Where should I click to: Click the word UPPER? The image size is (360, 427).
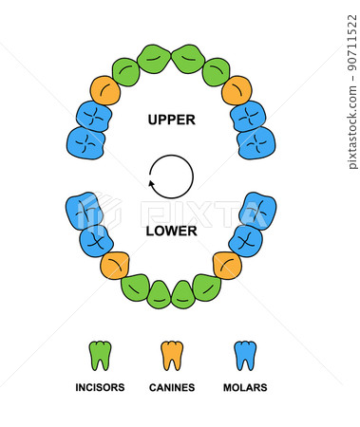click(x=171, y=121)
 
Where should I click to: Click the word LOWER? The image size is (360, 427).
click(x=171, y=231)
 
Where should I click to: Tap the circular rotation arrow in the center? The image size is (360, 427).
click(x=171, y=176)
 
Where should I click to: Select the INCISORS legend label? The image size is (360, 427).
click(x=100, y=387)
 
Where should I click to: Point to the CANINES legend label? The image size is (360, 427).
click(x=172, y=387)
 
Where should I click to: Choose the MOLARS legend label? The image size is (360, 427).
click(x=244, y=387)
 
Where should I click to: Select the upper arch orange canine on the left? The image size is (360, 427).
click(x=105, y=91)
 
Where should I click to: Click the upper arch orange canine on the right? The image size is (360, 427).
click(x=237, y=91)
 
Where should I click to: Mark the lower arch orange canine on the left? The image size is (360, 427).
click(x=115, y=265)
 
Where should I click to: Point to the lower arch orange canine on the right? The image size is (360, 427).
click(x=227, y=265)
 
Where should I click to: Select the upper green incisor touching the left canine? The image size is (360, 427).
click(x=125, y=71)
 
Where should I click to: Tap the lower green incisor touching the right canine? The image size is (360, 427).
click(x=205, y=287)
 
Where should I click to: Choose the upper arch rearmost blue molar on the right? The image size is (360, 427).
click(x=256, y=142)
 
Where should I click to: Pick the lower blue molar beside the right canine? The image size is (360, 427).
click(x=245, y=240)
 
